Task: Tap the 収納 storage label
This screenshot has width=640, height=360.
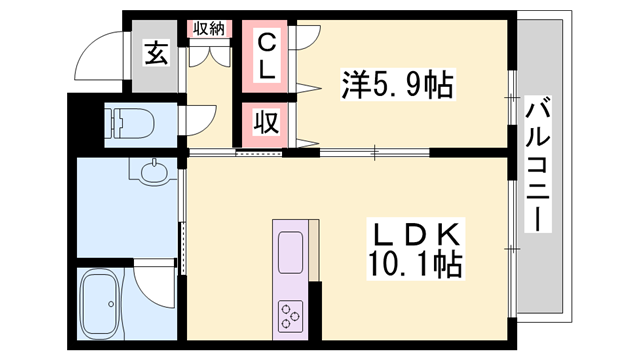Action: (209, 28)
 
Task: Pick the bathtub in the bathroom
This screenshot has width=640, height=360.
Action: (103, 304)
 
